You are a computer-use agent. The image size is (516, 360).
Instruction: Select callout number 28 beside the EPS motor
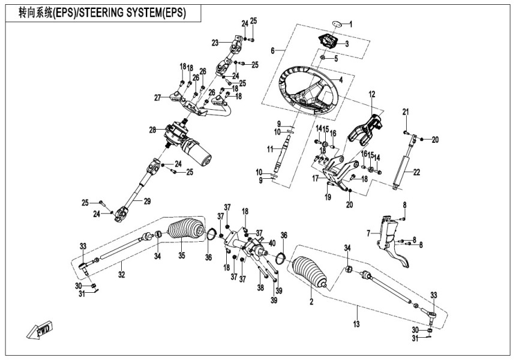coord(152,130)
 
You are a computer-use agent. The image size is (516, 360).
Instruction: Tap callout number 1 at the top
coord(352,24)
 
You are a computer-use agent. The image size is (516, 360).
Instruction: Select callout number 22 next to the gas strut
coord(416,172)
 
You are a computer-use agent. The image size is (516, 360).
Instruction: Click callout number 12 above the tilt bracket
coord(371,94)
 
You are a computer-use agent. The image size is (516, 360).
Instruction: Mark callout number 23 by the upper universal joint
coord(215,42)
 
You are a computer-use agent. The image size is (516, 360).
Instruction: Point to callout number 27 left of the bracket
coord(158,98)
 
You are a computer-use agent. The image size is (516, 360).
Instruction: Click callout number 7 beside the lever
coord(369,232)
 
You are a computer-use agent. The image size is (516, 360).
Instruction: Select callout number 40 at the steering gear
coord(272,243)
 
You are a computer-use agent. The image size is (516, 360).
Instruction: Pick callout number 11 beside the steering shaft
coord(271,148)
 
